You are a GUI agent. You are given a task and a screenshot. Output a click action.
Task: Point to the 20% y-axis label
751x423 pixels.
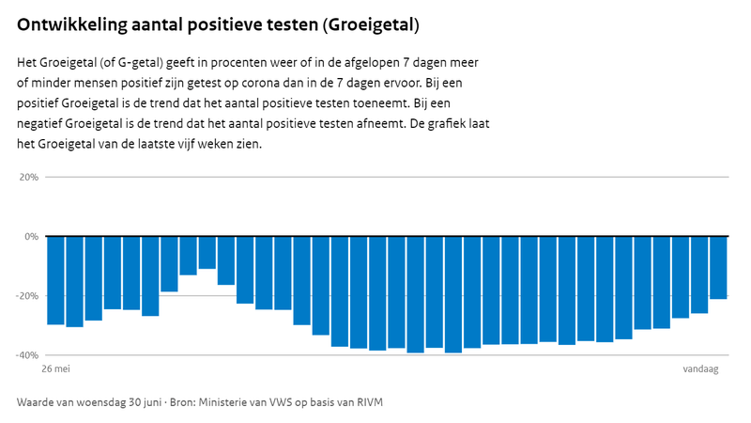point(28,177)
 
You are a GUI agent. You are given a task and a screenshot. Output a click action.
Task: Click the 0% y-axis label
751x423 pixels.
point(31,236)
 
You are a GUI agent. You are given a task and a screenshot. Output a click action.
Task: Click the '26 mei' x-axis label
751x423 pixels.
point(57,370)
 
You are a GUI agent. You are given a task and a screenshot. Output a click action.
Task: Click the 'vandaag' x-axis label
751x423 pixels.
point(700,370)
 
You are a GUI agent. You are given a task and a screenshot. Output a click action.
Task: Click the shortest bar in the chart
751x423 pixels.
point(207,253)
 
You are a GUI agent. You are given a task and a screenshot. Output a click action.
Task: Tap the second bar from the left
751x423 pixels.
point(75,281)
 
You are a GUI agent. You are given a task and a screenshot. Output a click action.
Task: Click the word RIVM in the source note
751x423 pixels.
point(368,402)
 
